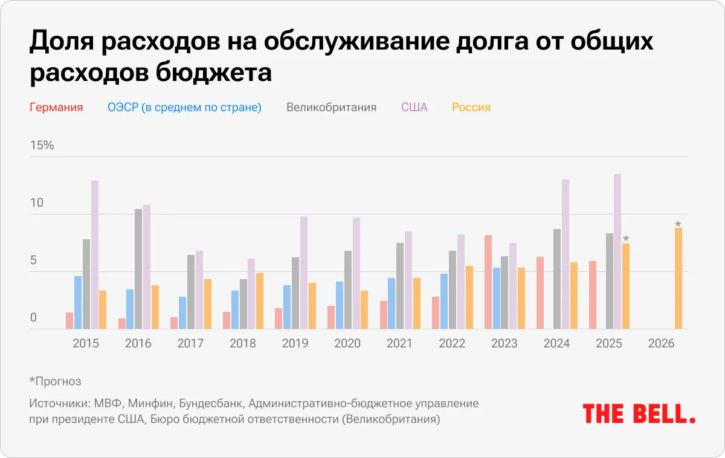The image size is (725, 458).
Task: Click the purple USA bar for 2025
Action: (617, 251)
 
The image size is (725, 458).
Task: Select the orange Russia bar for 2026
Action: (678, 279)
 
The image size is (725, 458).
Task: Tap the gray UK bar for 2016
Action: (138, 269)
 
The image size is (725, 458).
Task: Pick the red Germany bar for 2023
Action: (488, 282)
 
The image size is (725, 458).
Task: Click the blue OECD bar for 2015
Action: (78, 303)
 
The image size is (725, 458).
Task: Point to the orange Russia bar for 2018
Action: (259, 301)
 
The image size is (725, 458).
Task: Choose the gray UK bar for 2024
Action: (557, 279)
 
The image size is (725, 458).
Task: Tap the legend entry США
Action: (414, 108)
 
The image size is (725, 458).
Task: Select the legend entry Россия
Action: (471, 108)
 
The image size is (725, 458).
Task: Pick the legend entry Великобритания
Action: (331, 108)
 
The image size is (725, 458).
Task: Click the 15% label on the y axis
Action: (42, 146)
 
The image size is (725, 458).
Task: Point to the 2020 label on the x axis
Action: (347, 344)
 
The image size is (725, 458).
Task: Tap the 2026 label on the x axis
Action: (661, 344)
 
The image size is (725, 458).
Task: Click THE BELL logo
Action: (639, 414)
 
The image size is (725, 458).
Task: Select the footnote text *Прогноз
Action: (55, 381)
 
